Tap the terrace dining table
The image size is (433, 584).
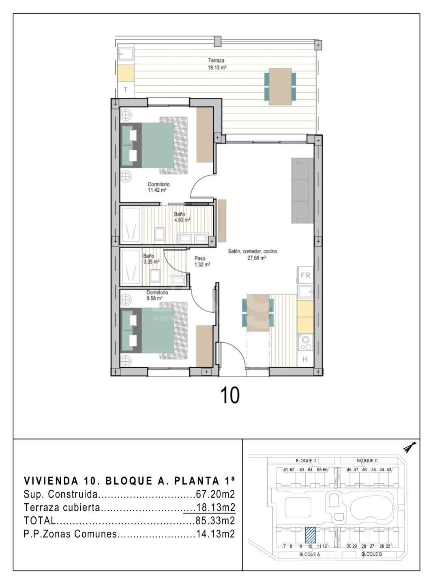coord(280,87)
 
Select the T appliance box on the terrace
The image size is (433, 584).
coord(126,90)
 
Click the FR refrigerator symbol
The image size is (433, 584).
coord(306,275)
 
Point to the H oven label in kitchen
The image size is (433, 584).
coord(305,359)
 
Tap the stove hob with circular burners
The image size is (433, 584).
coord(305,342)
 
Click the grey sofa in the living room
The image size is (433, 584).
coord(302,190)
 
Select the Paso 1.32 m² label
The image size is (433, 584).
coord(202,262)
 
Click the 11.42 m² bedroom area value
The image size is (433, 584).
coord(157,190)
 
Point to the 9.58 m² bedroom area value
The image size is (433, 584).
coord(154,298)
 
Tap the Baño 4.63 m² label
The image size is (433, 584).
coord(182,217)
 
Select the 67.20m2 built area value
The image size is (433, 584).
coord(215,494)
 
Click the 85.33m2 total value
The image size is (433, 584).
coord(215,521)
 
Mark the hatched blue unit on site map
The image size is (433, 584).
coord(310,535)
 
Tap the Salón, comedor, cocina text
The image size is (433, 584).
coord(253,251)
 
